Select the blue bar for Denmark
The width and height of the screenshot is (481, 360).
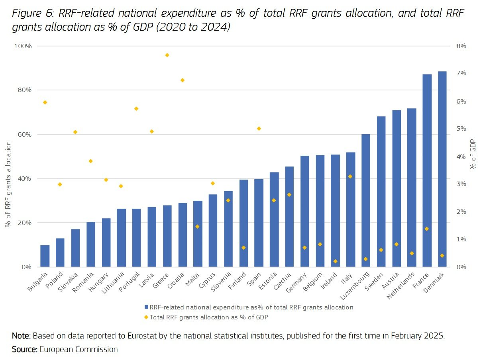[442, 169]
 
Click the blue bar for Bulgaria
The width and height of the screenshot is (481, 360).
[45, 256]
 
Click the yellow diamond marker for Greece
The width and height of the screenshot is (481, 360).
[167, 55]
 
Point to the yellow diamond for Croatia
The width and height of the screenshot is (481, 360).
[183, 80]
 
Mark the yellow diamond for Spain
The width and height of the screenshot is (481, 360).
[259, 129]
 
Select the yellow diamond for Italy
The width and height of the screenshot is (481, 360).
[350, 176]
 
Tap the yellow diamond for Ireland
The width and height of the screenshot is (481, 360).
[335, 261]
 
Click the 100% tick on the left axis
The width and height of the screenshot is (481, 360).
[23, 46]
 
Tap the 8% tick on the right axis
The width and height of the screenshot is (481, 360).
[461, 46]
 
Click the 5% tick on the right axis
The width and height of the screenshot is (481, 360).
[461, 129]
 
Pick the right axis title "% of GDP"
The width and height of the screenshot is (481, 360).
[473, 157]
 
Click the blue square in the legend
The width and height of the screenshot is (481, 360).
[146, 307]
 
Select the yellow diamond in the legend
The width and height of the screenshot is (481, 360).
[146, 317]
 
